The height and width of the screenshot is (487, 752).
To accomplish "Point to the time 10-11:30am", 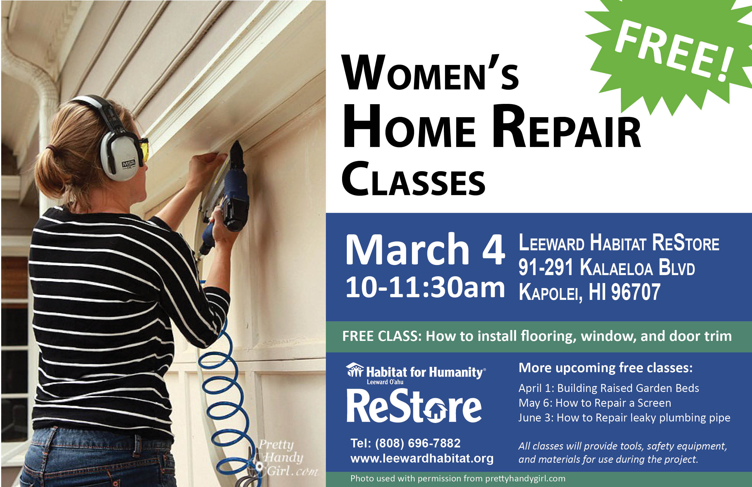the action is click(x=425, y=287).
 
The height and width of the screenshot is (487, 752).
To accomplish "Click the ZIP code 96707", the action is click(x=636, y=292).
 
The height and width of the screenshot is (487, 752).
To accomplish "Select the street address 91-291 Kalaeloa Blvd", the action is click(x=607, y=267).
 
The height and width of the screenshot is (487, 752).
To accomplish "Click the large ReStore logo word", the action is click(x=414, y=406).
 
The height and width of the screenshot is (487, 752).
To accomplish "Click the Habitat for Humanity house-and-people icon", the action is click(x=355, y=370).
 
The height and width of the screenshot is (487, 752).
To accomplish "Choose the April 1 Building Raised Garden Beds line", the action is click(x=609, y=388).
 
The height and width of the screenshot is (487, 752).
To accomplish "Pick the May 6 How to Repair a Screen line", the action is click(x=595, y=403).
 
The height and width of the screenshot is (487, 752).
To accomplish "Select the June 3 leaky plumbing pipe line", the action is click(x=624, y=418).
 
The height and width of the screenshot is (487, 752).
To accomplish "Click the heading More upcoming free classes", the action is click(x=606, y=368).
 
